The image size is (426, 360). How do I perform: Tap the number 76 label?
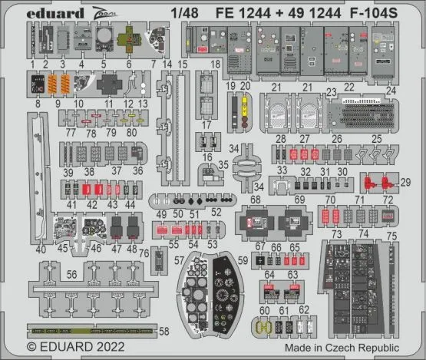click(x=144, y=253)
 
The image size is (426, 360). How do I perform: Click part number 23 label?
click(x=332, y=91)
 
